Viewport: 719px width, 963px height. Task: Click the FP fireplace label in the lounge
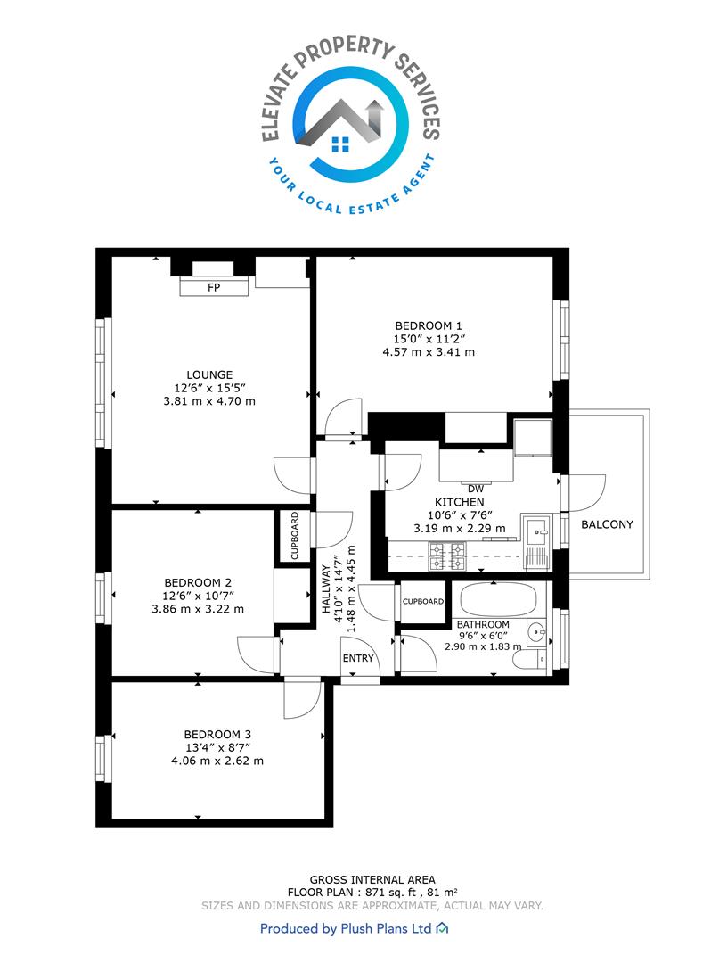click(x=214, y=287)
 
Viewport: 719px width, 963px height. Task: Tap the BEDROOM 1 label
click(x=429, y=326)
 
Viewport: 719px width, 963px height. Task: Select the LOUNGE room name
click(x=209, y=374)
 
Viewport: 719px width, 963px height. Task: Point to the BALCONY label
click(x=607, y=524)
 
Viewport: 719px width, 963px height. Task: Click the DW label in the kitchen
click(x=476, y=490)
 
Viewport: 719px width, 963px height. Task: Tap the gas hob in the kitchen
click(x=448, y=556)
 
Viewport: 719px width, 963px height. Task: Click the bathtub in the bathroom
click(x=499, y=600)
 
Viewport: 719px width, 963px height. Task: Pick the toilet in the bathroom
click(x=526, y=661)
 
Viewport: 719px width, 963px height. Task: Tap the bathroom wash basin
click(x=536, y=632)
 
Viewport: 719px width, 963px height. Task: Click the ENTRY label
click(x=358, y=658)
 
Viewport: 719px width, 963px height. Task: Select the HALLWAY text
click(x=326, y=589)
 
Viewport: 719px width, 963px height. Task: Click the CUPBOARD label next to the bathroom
click(x=422, y=601)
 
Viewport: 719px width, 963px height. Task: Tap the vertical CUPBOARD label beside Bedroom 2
click(x=295, y=536)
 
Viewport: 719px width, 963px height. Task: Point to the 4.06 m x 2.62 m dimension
click(x=217, y=761)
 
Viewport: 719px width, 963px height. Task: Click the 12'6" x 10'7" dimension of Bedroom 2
click(x=198, y=596)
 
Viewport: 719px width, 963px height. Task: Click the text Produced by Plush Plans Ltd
click(x=346, y=928)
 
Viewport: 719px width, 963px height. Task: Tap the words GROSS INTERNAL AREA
click(x=372, y=880)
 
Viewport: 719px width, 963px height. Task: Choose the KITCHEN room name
click(x=460, y=502)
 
